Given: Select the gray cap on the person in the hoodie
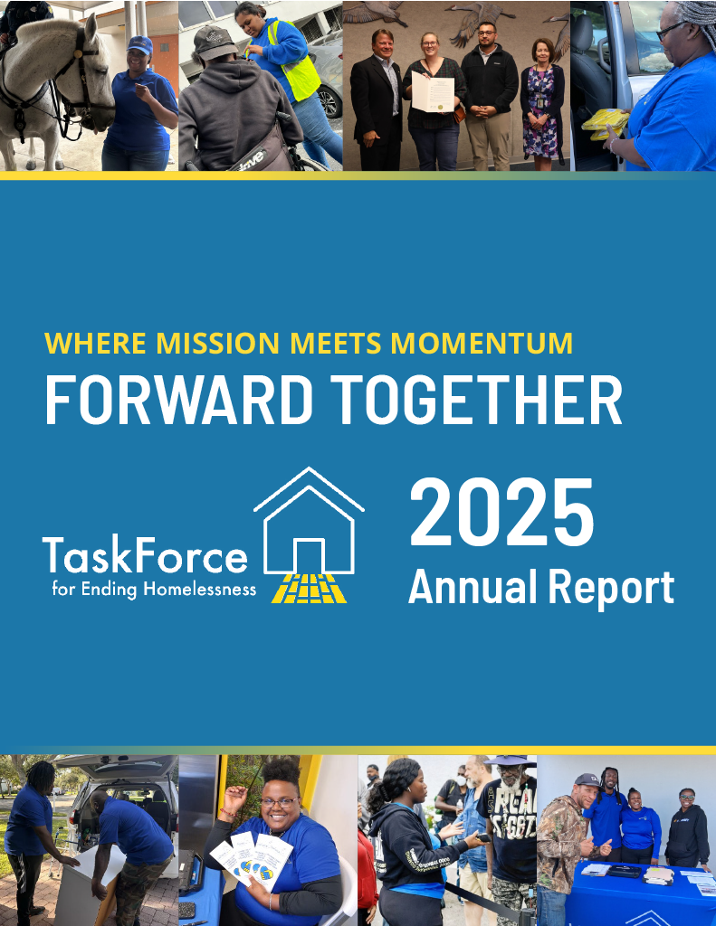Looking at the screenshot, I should click(215, 43).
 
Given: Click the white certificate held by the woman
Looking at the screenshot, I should click(432, 94).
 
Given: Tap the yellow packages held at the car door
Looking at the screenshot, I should click(605, 122).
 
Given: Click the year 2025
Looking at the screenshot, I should click(502, 514).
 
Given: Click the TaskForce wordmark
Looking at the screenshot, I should click(145, 554).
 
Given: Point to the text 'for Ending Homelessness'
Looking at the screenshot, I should click(153, 591).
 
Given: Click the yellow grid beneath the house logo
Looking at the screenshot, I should click(310, 589).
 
